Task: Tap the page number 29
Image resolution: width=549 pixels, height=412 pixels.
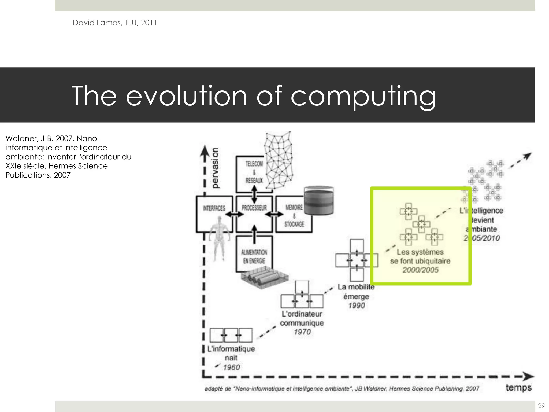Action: coord(541,406)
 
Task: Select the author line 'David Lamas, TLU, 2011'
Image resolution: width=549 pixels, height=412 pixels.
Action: coord(115,23)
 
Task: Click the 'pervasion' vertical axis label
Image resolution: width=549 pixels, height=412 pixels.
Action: coord(215,168)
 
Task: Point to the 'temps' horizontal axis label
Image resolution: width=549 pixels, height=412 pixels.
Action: coord(518,387)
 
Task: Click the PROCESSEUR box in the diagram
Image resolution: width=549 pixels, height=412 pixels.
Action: coord(254,214)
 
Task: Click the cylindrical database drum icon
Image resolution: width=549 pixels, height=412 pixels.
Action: coord(319,201)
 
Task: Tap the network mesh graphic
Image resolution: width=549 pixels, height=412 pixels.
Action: coord(279,158)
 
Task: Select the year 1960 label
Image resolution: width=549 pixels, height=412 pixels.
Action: coord(232,367)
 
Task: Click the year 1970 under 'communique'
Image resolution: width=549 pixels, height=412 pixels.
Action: coord(302,332)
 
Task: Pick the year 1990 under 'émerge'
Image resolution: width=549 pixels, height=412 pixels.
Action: coord(357,306)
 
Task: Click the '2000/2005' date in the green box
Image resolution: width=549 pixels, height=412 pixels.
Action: coord(420,270)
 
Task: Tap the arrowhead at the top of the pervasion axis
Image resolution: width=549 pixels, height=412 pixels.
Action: coord(205,150)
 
